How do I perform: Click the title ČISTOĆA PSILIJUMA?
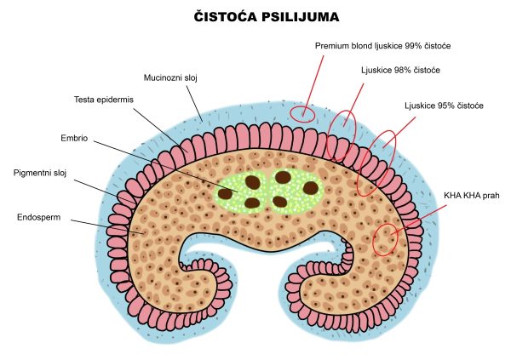[255, 16]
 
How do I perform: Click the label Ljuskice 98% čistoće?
[400, 69]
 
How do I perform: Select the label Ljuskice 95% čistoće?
[445, 106]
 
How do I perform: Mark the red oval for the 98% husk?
[342, 136]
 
